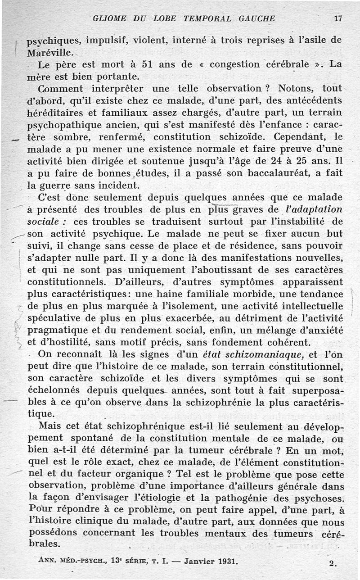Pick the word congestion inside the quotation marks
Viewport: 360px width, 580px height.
(236, 64)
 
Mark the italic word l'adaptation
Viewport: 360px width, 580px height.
(314, 209)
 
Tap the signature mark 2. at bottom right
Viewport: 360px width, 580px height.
(333, 563)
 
